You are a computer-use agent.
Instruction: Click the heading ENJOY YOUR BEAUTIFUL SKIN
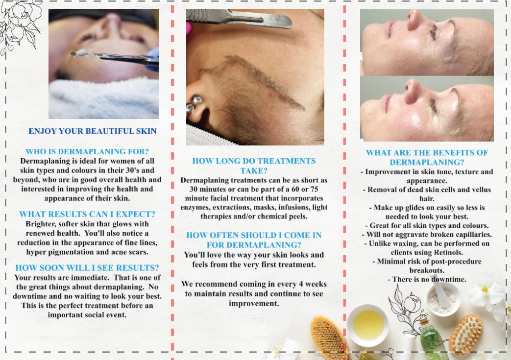coord(93,131)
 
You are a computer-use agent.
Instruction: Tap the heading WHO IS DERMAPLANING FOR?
coord(87,151)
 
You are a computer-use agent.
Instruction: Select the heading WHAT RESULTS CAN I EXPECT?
coord(87,214)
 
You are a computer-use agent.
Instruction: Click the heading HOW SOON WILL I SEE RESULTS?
coord(87,267)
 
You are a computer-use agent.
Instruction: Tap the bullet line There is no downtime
coord(427,279)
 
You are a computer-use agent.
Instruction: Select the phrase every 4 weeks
coord(300,284)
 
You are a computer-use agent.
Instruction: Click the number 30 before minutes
coord(186,189)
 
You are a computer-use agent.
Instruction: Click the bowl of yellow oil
coord(368,324)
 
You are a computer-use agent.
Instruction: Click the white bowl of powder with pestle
coord(443,299)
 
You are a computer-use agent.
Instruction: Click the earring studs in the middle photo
coord(194,103)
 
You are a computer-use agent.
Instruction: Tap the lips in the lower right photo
coord(387,103)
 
